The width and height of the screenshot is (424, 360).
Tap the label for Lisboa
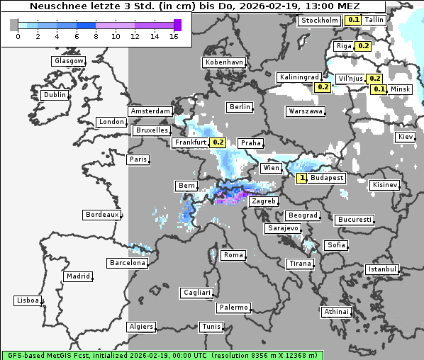[28, 300]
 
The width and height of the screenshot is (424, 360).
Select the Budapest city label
[326, 178]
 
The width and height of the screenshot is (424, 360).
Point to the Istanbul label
[382, 269]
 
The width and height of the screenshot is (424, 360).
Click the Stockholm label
[319, 21]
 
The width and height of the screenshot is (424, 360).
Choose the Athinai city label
[336, 312]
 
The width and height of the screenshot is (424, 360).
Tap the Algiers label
[140, 327]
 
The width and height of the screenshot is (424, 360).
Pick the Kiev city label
[406, 136]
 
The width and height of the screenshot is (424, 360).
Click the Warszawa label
[306, 111]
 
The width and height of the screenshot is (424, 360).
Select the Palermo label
[233, 308]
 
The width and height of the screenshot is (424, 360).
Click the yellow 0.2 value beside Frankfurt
[218, 142]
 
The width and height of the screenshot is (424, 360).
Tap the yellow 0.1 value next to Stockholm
[354, 21]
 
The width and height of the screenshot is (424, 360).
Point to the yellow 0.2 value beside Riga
[363, 46]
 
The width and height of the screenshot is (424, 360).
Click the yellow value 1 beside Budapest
[303, 178]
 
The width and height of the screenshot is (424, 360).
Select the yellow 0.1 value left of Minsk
[379, 89]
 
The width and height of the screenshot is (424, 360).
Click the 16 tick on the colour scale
[174, 36]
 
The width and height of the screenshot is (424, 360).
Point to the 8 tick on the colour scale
[96, 36]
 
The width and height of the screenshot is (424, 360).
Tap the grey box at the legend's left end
[14, 26]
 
